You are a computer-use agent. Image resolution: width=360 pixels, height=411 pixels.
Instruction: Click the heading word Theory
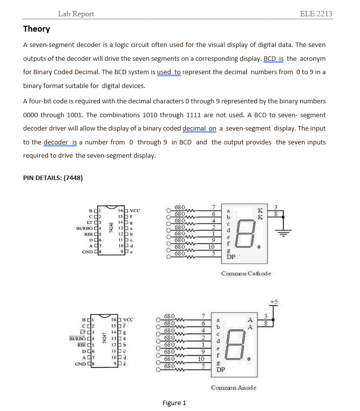point(37,29)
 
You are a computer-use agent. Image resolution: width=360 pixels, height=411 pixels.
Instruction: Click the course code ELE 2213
point(316,13)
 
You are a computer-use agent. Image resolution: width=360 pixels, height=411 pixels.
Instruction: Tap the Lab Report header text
point(76,13)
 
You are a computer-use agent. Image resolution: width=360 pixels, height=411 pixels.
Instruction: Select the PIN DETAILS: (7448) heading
point(52,178)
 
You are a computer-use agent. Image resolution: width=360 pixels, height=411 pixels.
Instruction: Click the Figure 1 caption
point(174,403)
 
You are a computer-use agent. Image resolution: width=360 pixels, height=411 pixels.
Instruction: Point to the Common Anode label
point(234,387)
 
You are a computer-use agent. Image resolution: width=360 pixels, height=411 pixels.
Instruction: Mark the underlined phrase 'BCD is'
point(273,58)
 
